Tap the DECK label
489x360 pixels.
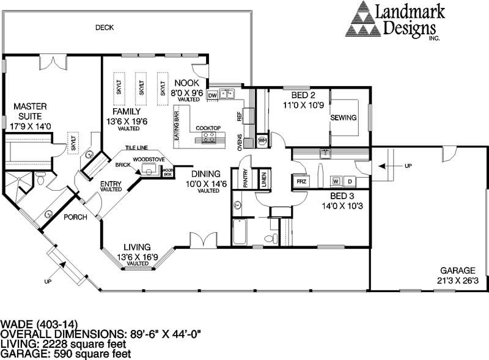click(x=105, y=28)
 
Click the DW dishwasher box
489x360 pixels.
click(x=213, y=95)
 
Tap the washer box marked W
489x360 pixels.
click(x=336, y=182)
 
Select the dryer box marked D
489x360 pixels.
click(x=350, y=182)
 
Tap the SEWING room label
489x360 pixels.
click(x=344, y=117)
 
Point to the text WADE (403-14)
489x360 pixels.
click(x=39, y=324)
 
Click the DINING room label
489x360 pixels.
click(x=208, y=173)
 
